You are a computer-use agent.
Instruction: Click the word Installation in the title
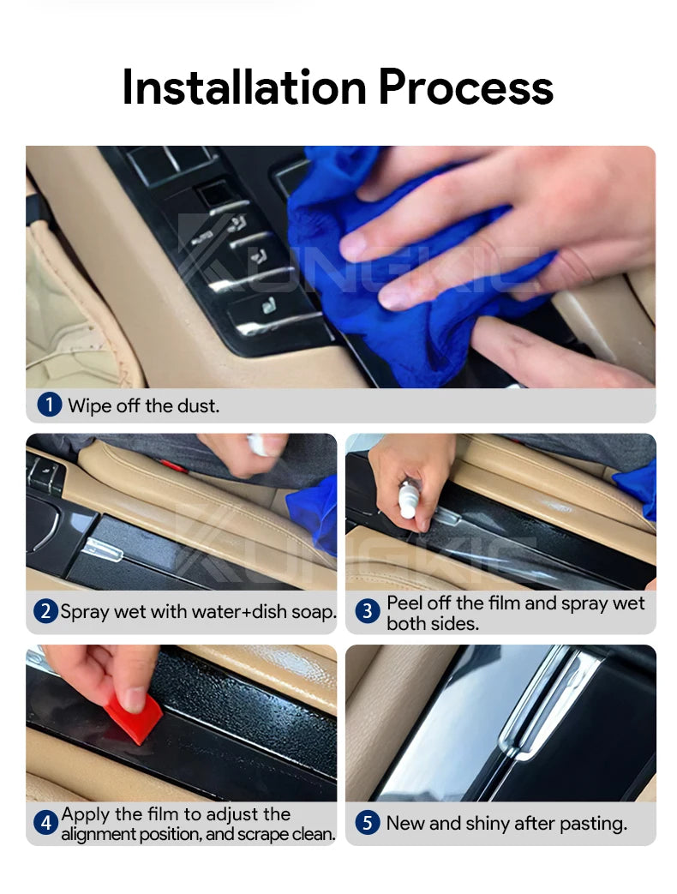click(x=244, y=87)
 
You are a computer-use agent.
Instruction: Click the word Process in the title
click(x=466, y=87)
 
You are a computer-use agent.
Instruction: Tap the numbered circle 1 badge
click(x=49, y=405)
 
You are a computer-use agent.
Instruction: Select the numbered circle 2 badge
click(x=45, y=611)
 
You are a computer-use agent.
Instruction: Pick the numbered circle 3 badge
click(x=368, y=611)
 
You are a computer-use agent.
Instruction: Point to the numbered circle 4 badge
click(x=45, y=823)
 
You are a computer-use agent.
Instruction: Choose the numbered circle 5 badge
click(x=368, y=823)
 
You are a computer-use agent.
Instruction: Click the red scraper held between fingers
click(x=134, y=717)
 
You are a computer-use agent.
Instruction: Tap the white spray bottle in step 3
click(x=408, y=498)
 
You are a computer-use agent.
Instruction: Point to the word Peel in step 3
click(x=404, y=603)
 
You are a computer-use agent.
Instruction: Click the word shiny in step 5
click(x=488, y=824)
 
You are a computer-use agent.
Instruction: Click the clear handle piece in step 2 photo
click(x=103, y=549)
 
